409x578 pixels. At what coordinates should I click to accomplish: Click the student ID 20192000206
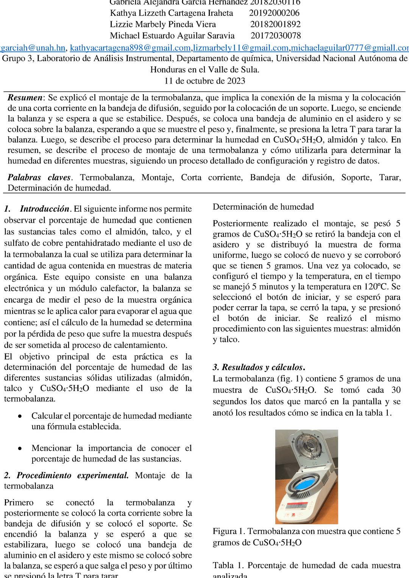point(274,13)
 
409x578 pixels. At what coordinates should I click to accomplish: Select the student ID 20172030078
point(276,36)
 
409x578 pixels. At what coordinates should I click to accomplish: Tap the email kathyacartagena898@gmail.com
point(130,48)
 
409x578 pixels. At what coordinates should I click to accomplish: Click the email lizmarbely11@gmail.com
point(241,48)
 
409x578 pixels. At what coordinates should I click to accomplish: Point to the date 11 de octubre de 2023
point(204,81)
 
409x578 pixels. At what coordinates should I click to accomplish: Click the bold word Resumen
point(25,98)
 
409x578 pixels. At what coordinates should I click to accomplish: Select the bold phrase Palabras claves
point(39,178)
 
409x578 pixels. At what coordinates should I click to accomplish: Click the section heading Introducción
point(44,209)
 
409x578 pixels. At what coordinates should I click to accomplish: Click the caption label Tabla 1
point(228,566)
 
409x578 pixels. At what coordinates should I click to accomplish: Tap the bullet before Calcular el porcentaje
point(20,416)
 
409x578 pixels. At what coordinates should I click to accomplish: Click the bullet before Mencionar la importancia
point(20,449)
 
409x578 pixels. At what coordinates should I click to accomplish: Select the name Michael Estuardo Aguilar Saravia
point(172,36)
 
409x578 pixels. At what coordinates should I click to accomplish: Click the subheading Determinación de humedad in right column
point(263,207)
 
